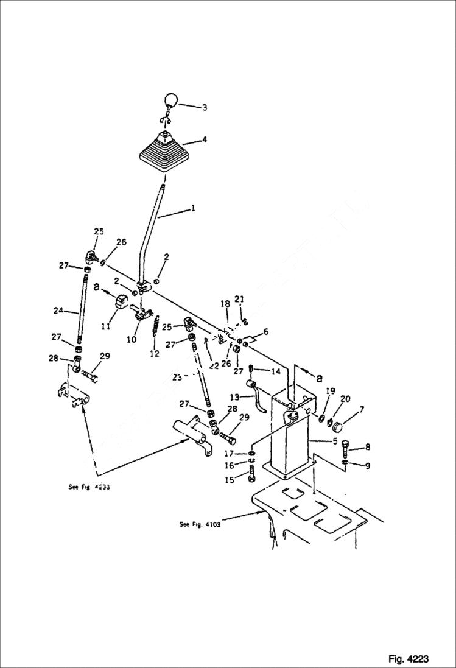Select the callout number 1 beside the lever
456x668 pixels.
pos(193,208)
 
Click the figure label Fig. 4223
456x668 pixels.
pos(408,659)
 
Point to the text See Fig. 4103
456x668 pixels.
pos(200,524)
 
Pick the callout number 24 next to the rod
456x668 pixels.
pos(58,311)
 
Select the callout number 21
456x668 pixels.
pos(239,298)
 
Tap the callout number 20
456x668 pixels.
pos(346,399)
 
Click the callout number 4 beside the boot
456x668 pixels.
pos(205,139)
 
